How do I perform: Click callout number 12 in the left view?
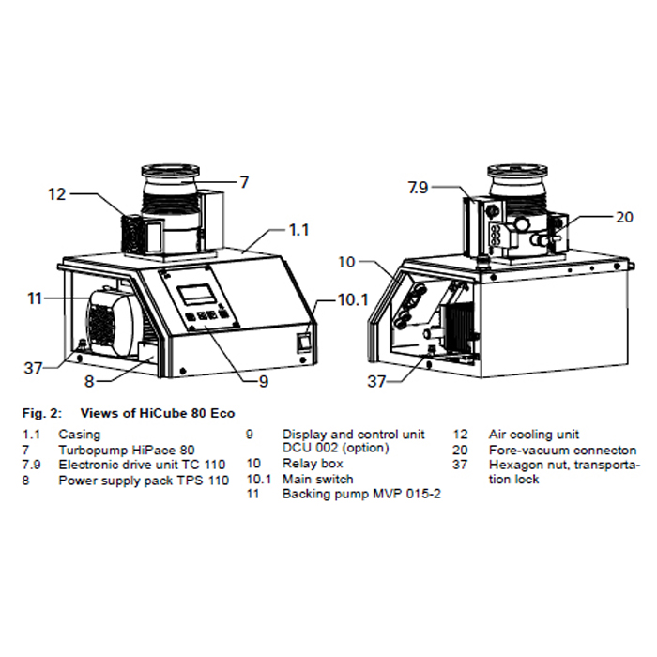[57, 194]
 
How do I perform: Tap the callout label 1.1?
[298, 228]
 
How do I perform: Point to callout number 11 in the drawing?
[36, 298]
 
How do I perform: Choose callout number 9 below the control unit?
[263, 381]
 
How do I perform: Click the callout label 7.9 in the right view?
[418, 188]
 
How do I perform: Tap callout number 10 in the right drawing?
[347, 262]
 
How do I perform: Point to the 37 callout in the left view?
[34, 367]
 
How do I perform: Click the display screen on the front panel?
[200, 292]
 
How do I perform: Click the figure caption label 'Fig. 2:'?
[40, 413]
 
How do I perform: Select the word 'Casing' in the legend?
[79, 435]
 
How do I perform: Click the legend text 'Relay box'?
[313, 464]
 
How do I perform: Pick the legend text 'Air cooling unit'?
[534, 435]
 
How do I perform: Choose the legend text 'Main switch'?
[318, 479]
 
